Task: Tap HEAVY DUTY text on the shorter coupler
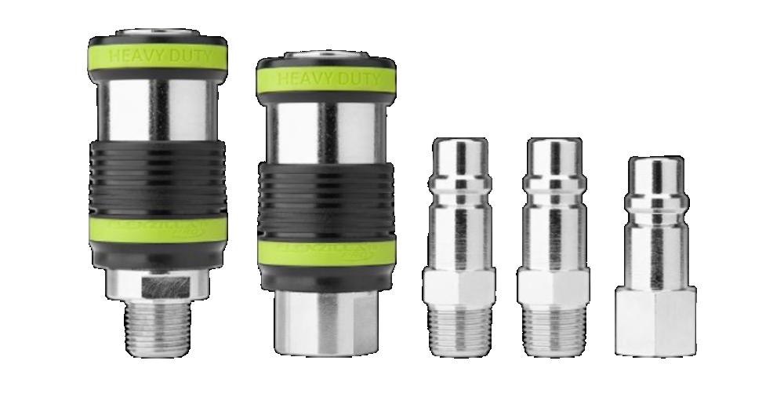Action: (325, 79)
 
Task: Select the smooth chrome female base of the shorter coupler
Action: (325, 321)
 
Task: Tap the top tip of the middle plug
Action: (554, 149)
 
